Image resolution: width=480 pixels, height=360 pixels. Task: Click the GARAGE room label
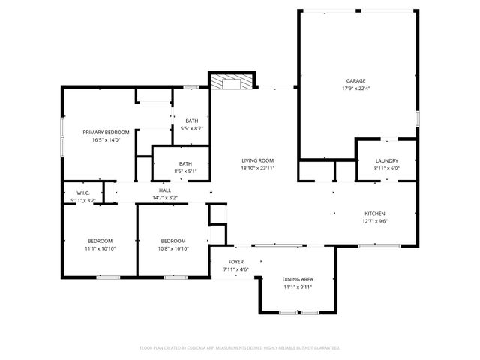355,80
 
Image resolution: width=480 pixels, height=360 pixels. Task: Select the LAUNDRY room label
387,160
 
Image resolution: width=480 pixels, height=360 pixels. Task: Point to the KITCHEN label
375,213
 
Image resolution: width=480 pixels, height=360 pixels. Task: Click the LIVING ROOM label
257,160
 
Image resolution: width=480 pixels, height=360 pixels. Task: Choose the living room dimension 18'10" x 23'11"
257,168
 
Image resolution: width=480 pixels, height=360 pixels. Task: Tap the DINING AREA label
298,278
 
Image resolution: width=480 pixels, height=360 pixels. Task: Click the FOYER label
235,261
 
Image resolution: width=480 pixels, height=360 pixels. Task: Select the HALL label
165,190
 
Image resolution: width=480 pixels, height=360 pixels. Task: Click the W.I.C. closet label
82,193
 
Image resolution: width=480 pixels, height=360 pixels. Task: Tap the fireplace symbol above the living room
232,82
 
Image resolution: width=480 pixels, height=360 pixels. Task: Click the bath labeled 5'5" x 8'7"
193,124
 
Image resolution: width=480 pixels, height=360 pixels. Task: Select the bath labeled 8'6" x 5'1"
185,167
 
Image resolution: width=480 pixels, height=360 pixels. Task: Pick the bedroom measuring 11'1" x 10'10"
99,244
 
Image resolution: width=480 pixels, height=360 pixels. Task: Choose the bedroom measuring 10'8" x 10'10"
173,244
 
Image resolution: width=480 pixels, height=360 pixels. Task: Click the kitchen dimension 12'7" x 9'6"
375,221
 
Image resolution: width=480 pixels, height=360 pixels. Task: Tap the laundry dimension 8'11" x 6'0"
387,169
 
